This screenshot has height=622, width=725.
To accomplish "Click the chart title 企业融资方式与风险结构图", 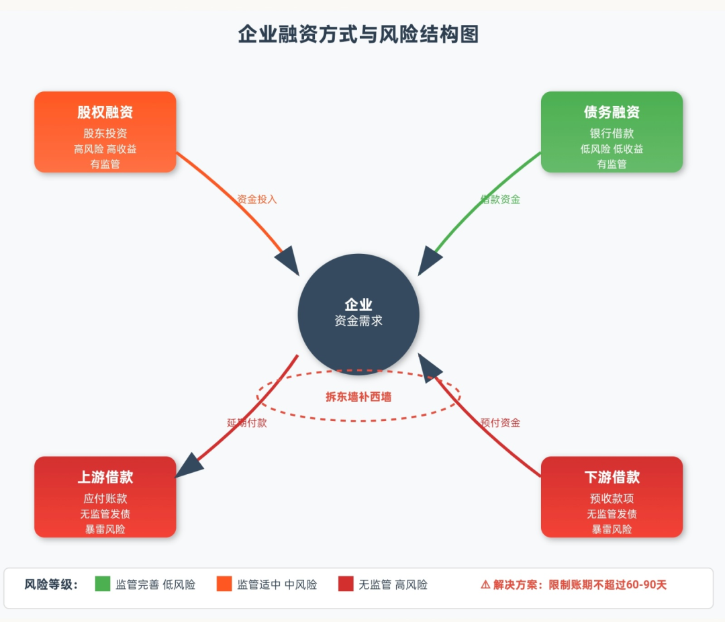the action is (358, 34).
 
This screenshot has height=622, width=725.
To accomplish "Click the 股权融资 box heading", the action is (105, 112).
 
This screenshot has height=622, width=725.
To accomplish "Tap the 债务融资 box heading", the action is (612, 112).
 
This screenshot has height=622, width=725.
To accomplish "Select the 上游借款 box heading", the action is (105, 477).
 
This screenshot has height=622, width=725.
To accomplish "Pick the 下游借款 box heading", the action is (612, 477).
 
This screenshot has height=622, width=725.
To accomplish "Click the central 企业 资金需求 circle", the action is (358, 315).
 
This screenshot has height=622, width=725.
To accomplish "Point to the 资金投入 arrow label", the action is (256, 199).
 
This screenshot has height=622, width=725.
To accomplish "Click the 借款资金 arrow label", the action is (500, 199).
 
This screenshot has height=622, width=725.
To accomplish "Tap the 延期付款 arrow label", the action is (247, 423).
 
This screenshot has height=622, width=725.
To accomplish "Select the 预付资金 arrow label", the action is (500, 423).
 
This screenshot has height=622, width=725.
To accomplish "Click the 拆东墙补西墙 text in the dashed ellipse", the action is (358, 396).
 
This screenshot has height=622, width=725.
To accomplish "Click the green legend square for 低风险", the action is (103, 584).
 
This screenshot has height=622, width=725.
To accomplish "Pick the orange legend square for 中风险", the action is (224, 584).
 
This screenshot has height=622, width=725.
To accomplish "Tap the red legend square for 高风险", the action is (346, 584).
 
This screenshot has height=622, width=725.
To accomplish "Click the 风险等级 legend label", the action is (51, 584).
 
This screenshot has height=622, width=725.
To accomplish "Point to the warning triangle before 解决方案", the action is (485, 584).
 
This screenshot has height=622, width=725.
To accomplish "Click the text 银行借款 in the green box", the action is (612, 134).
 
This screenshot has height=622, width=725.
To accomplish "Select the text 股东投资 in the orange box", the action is (105, 134).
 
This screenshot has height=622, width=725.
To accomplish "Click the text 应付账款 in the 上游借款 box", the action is (105, 498).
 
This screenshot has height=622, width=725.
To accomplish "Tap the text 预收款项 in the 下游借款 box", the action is (612, 498).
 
